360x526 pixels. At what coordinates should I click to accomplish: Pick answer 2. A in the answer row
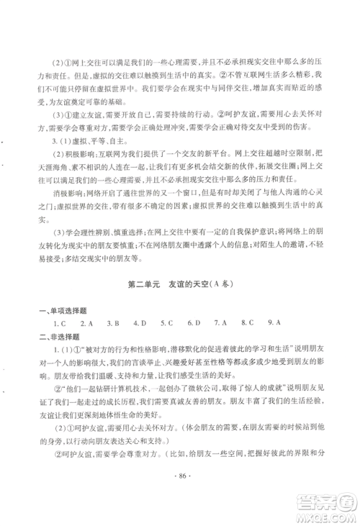(89, 323)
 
